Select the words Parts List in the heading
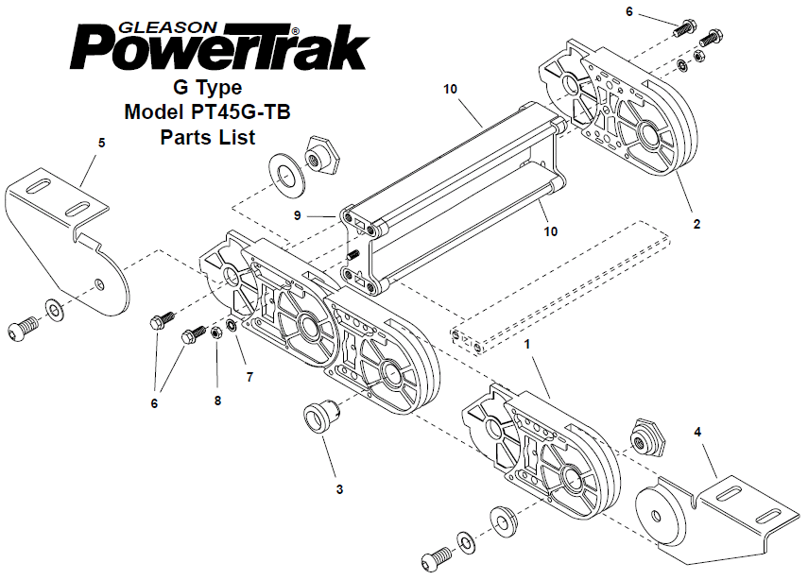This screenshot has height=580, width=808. pyautogui.click(x=208, y=137)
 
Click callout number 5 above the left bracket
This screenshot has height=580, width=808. pyautogui.click(x=101, y=143)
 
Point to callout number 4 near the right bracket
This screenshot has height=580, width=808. pyautogui.click(x=697, y=432)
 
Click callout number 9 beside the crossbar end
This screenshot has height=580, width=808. pyautogui.click(x=298, y=215)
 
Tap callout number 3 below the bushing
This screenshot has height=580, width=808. pyautogui.click(x=339, y=488)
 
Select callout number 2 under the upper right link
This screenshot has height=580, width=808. pyautogui.click(x=696, y=224)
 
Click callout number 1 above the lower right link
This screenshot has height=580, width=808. pyautogui.click(x=527, y=344)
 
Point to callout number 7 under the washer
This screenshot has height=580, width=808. pyautogui.click(x=249, y=378)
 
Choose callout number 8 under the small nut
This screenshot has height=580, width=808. pyautogui.click(x=217, y=401)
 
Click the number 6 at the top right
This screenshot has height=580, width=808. pyautogui.click(x=629, y=11)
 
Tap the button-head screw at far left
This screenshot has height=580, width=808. pyautogui.click(x=23, y=328)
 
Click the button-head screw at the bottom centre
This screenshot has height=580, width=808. pyautogui.click(x=437, y=556)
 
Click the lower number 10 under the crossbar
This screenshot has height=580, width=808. pyautogui.click(x=550, y=231)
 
